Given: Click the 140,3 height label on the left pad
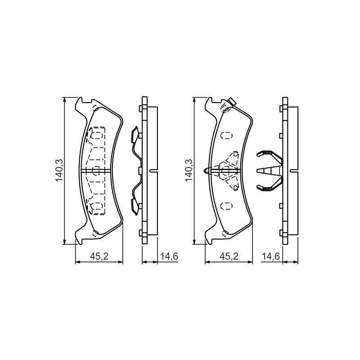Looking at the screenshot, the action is (x=59, y=171).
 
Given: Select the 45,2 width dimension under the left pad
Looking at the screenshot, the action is (x=99, y=256).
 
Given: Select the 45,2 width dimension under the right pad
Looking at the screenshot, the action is (x=229, y=256).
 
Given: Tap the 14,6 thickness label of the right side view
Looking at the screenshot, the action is (x=271, y=256).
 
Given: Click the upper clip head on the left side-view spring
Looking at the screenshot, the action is (x=135, y=134).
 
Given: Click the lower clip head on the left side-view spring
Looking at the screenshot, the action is (x=135, y=207).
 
